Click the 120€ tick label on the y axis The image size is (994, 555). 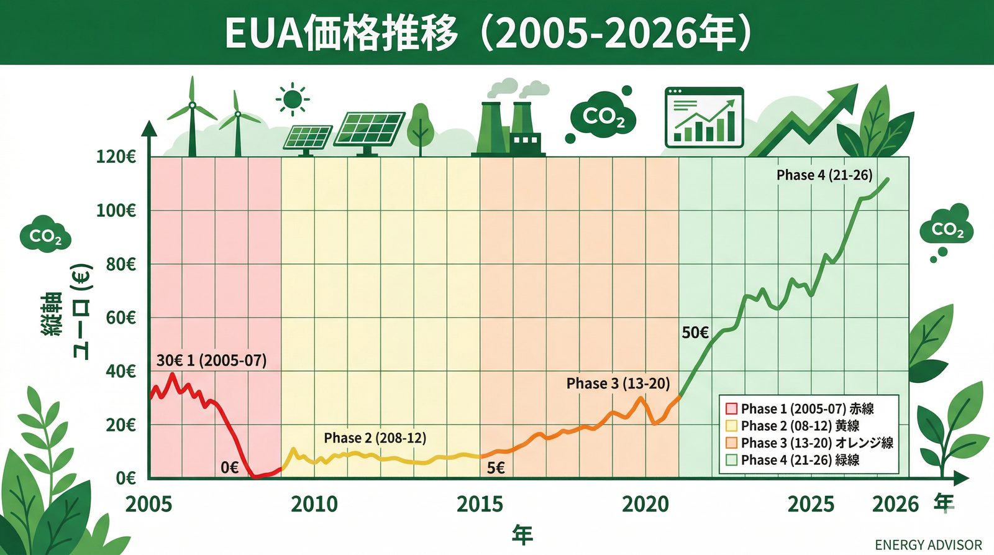[116, 157]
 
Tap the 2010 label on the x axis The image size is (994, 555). [314, 504]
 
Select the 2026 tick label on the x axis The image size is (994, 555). [895, 504]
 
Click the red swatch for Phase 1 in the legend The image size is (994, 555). [731, 409]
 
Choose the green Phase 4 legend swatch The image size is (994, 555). [731, 460]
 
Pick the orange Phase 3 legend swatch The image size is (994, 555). [731, 443]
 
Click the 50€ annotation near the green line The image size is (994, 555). [695, 333]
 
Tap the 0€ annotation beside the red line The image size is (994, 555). [229, 467]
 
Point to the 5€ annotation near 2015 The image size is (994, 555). [496, 468]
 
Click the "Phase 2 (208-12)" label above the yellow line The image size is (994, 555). [375, 438]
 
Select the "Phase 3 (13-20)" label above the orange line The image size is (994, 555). [618, 383]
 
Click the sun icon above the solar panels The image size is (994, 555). [292, 99]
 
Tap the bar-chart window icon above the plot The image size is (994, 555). [704, 117]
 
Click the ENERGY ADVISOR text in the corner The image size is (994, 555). [928, 545]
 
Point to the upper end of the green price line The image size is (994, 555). [888, 180]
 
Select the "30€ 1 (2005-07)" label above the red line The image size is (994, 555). [211, 360]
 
